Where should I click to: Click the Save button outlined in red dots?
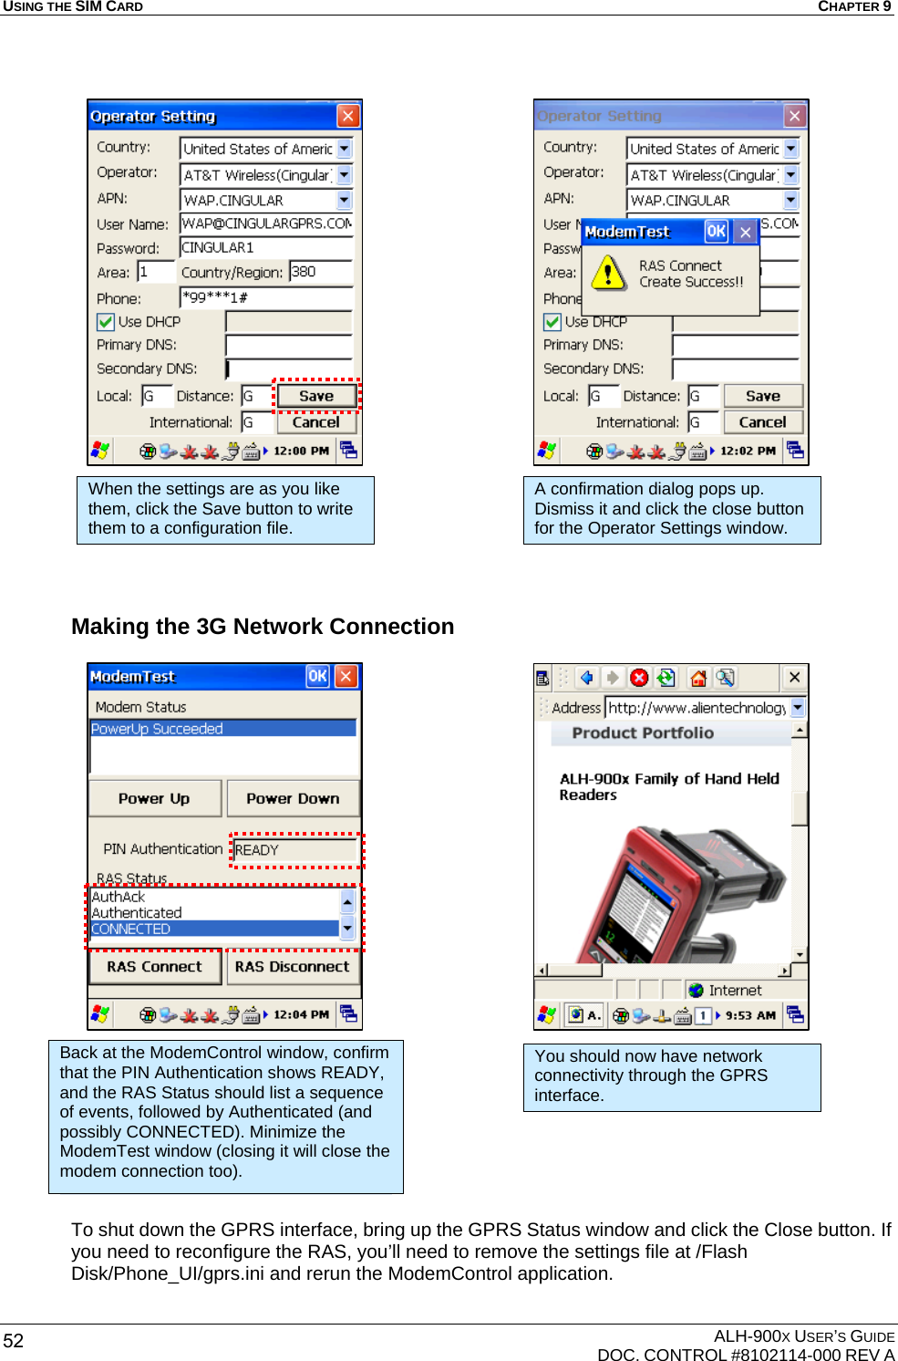pyautogui.click(x=315, y=396)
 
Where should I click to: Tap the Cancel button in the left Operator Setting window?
pyautogui.click(x=315, y=422)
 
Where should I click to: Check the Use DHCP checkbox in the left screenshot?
pyautogui.click(x=106, y=322)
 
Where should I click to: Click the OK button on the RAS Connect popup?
pyautogui.click(x=717, y=232)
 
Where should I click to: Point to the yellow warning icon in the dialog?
pyautogui.click(x=608, y=273)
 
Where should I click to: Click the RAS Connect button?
pyautogui.click(x=154, y=967)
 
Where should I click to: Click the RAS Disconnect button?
pyautogui.click(x=292, y=967)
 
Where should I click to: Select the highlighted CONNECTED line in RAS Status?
pyautogui.click(x=214, y=929)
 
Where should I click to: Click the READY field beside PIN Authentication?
pyautogui.click(x=294, y=850)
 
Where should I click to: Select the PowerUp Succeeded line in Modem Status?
pyautogui.click(x=222, y=729)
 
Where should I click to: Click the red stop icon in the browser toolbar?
pyautogui.click(x=639, y=678)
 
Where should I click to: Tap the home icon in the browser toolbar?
pyautogui.click(x=698, y=678)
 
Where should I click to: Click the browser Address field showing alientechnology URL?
pyautogui.click(x=697, y=708)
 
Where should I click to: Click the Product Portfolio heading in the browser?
pyautogui.click(x=643, y=733)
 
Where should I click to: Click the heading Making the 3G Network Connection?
pyautogui.click(x=263, y=627)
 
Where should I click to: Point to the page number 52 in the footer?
pyautogui.click(x=14, y=1341)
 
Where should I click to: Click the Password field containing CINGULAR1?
pyautogui.click(x=265, y=248)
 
